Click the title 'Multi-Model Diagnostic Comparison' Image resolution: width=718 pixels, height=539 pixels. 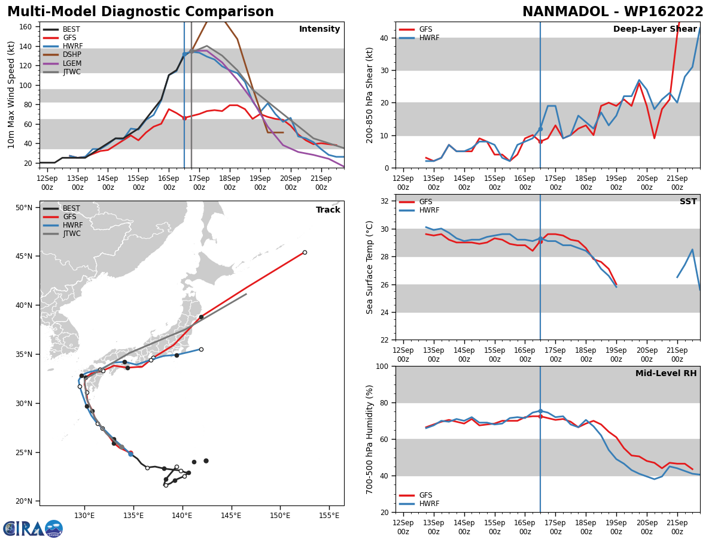pos(141,12)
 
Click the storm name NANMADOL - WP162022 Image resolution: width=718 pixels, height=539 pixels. pos(613,12)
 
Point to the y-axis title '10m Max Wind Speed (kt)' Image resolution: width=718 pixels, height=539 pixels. pos(11,95)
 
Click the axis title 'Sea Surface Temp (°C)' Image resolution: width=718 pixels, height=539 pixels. pos(370,267)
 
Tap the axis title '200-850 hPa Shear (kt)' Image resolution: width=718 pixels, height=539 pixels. pos(370,95)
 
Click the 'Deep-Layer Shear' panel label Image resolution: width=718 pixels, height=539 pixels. pos(655,29)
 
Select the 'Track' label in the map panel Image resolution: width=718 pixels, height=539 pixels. pos(328,210)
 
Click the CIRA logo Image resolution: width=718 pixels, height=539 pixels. pos(32,529)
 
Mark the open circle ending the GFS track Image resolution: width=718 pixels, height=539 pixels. pos(305,252)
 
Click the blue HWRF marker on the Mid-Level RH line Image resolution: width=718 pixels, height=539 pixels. pos(540,411)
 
